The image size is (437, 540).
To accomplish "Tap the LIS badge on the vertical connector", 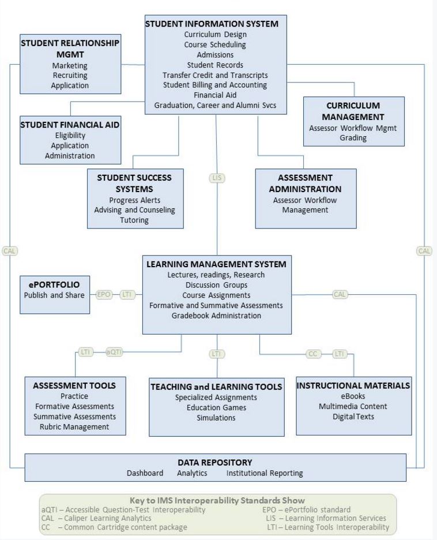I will tap(217, 178).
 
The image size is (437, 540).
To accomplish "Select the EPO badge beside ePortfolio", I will tap(104, 294).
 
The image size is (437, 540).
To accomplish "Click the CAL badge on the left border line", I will tap(10, 251).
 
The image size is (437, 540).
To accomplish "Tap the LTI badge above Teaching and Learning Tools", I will tap(216, 354).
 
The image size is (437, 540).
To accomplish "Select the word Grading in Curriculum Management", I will tap(353, 138).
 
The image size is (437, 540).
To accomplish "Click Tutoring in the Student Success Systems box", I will tap(134, 220).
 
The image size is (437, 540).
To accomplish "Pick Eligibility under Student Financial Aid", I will tap(70, 135).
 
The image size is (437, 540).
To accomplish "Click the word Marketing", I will tap(70, 65).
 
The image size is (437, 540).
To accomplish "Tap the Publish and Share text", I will tap(54, 295).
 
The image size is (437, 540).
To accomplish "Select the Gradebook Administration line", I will tap(216, 316).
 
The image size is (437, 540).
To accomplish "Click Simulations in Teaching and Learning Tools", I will tap(216, 418).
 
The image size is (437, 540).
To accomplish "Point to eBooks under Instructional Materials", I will tap(353, 396).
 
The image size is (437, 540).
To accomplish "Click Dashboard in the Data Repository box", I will tap(145, 473).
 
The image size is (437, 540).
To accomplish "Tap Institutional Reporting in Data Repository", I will tap(265, 473).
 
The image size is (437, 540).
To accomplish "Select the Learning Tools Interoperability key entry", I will tap(328, 527).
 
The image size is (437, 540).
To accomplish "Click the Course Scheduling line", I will tap(215, 44).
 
